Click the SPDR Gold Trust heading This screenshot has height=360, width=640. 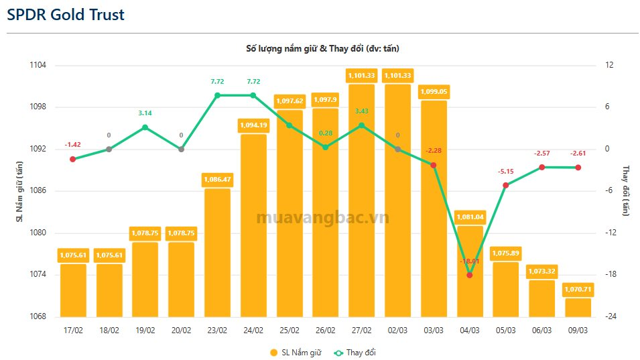[66, 15]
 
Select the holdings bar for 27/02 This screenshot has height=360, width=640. [361, 201]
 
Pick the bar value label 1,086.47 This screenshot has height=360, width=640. [217, 180]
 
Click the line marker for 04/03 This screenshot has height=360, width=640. [469, 275]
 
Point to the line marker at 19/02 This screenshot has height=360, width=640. [145, 127]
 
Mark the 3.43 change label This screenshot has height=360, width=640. [361, 111]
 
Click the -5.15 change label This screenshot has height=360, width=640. [505, 171]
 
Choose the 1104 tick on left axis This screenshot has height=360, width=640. [38, 65]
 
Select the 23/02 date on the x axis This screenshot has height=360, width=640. [217, 330]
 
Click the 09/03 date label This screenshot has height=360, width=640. [578, 330]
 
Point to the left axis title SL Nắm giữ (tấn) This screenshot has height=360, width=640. [19, 191]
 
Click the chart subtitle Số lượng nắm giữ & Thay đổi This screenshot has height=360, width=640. [322, 48]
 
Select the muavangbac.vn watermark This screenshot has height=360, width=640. [322, 217]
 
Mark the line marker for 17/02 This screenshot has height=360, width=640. [72, 159]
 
